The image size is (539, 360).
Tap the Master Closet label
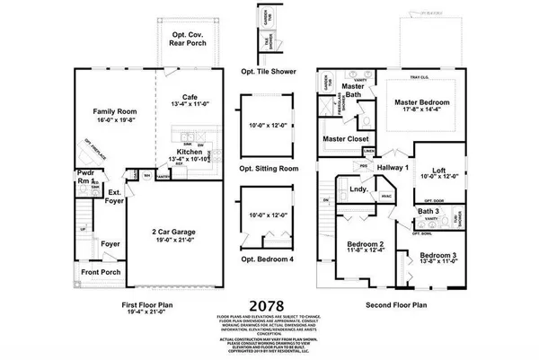[345, 139]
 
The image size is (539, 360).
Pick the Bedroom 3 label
[437, 255]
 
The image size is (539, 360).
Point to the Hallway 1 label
[394, 168]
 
